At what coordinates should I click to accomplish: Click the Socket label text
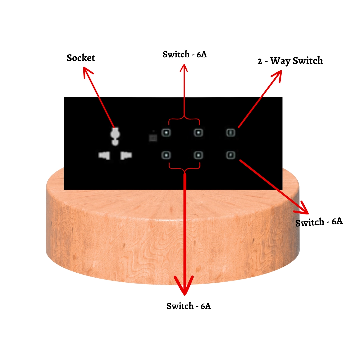pos(81,58)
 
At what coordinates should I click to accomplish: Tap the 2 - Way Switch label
pos(290,61)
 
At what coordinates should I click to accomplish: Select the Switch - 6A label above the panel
pos(185,54)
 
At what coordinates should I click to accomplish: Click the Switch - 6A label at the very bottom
pos(188,306)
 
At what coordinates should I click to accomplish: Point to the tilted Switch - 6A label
pos(319,222)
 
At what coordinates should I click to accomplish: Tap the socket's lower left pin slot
pos(104,155)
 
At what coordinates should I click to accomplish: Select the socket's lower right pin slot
pos(126,155)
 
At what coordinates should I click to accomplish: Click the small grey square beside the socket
pos(153,138)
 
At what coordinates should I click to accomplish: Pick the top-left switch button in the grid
pos(166,133)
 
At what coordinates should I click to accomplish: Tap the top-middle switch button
pos(198,133)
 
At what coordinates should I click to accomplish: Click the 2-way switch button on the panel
pos(231,133)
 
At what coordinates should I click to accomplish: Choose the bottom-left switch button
pos(166,155)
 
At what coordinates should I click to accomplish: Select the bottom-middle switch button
pos(198,155)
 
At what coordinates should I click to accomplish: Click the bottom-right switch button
pos(231,155)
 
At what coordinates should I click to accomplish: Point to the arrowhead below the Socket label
pos(87,72)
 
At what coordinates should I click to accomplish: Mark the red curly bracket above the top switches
pos(184,120)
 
